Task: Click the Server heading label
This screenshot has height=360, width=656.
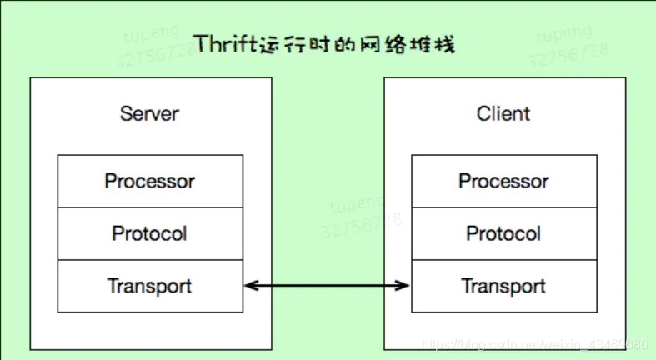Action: click(149, 113)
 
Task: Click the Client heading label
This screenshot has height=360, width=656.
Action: click(503, 113)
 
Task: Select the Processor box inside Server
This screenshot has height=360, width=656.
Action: click(150, 181)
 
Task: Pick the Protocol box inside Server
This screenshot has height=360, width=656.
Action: click(150, 233)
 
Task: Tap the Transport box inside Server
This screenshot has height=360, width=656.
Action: click(150, 286)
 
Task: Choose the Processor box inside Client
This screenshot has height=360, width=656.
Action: click(503, 181)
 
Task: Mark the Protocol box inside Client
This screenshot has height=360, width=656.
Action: click(503, 233)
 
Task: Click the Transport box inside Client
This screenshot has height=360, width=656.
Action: click(503, 286)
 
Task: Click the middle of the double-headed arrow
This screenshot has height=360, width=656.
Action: click(327, 286)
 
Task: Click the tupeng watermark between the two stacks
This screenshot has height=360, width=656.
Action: click(358, 203)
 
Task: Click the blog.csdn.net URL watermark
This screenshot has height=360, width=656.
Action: click(534, 344)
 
